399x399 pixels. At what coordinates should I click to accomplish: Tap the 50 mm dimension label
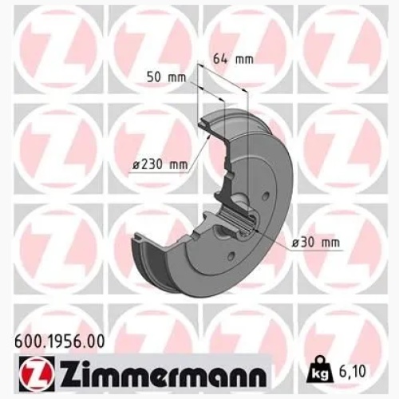pyautogui.click(x=165, y=78)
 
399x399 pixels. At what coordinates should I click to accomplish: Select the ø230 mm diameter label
pyautogui.click(x=160, y=164)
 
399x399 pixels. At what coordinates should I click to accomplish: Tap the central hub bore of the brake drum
pyautogui.click(x=245, y=229)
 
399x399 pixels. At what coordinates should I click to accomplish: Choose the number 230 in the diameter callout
pyautogui.click(x=154, y=164)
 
